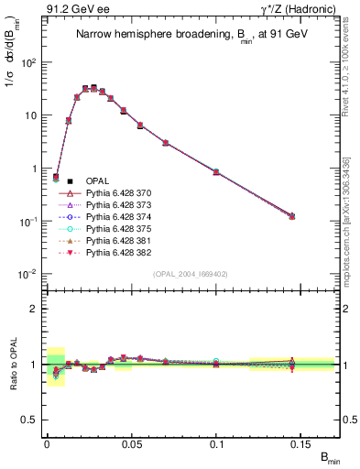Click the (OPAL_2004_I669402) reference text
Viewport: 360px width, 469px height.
(188, 274)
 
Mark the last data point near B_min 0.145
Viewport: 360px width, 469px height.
(292, 216)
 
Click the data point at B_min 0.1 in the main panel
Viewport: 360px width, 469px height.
(216, 171)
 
